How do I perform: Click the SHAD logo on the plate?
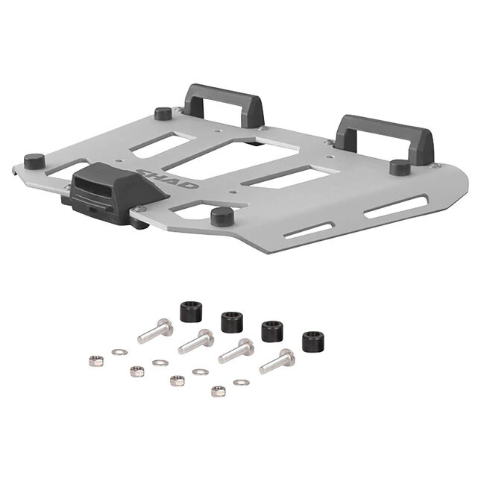(x=168, y=178)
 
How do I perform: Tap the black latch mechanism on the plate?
(x=113, y=193)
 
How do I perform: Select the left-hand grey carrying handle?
(x=223, y=105)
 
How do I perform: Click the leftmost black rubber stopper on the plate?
(x=34, y=161)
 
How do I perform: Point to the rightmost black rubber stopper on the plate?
(x=400, y=167)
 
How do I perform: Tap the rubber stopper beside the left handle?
(x=163, y=113)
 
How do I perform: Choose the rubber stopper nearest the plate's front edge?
(x=222, y=216)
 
